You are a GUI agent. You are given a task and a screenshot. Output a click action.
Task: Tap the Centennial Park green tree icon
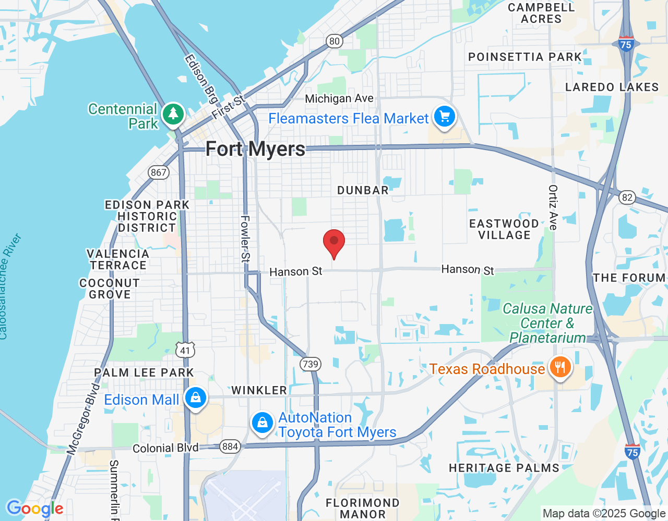coord(173,114)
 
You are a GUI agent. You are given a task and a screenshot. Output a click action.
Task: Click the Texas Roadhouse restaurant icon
coord(560,368)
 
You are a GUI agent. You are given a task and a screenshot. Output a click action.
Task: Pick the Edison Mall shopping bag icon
coord(196,399)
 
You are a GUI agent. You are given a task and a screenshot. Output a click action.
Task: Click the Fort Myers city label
coord(255,149)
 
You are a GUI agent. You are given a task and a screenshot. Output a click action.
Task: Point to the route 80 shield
coord(334,41)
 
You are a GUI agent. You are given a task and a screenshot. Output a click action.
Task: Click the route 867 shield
coord(158,172)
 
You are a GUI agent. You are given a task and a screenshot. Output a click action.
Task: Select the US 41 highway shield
coord(185,350)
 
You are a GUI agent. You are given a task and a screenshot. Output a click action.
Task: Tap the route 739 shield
coord(310,364)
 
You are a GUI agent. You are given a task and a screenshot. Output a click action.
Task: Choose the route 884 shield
coord(230,446)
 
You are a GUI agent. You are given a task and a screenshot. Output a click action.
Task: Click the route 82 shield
coord(627,197)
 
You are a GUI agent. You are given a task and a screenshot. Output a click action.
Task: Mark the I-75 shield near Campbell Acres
coord(626,44)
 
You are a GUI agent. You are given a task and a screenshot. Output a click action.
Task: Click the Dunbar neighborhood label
coord(363,190)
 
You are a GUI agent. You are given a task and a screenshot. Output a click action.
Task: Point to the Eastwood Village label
coord(504,229)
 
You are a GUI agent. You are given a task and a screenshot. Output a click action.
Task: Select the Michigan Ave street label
coord(339,98)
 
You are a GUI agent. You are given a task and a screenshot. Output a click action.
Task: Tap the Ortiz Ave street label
coord(553,207)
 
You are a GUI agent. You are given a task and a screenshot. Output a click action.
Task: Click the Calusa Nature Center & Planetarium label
coord(547,323)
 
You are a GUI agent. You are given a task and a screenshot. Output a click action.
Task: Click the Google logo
coord(35,508)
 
